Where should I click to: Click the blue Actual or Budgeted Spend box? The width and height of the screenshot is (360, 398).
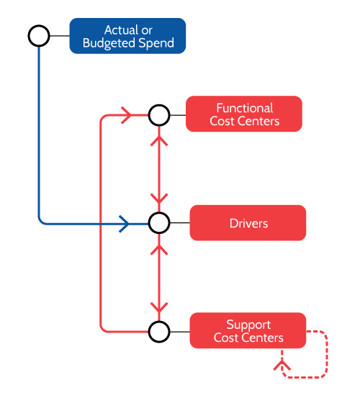point(127,36)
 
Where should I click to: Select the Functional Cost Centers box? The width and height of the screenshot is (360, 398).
point(244,114)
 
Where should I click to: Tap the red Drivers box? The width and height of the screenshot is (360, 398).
point(248,222)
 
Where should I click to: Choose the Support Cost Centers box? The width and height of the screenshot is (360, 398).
point(248,330)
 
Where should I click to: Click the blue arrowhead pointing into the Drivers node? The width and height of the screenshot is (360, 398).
point(124,224)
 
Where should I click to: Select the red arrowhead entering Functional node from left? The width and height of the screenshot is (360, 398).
point(127,115)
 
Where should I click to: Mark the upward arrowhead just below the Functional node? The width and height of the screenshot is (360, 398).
point(159,141)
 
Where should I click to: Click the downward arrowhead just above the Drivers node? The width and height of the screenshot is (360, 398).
point(159,199)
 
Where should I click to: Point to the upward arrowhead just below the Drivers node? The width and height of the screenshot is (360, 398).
point(159,250)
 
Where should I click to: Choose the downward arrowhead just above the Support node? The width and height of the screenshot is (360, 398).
point(159,307)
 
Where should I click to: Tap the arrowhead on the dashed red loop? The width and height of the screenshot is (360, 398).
point(282,365)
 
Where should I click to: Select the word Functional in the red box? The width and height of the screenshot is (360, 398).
point(245,108)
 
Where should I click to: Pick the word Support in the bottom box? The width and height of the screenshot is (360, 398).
point(248,325)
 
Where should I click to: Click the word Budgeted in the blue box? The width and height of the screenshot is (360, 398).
point(109,43)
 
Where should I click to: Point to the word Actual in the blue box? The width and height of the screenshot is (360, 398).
point(119,30)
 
